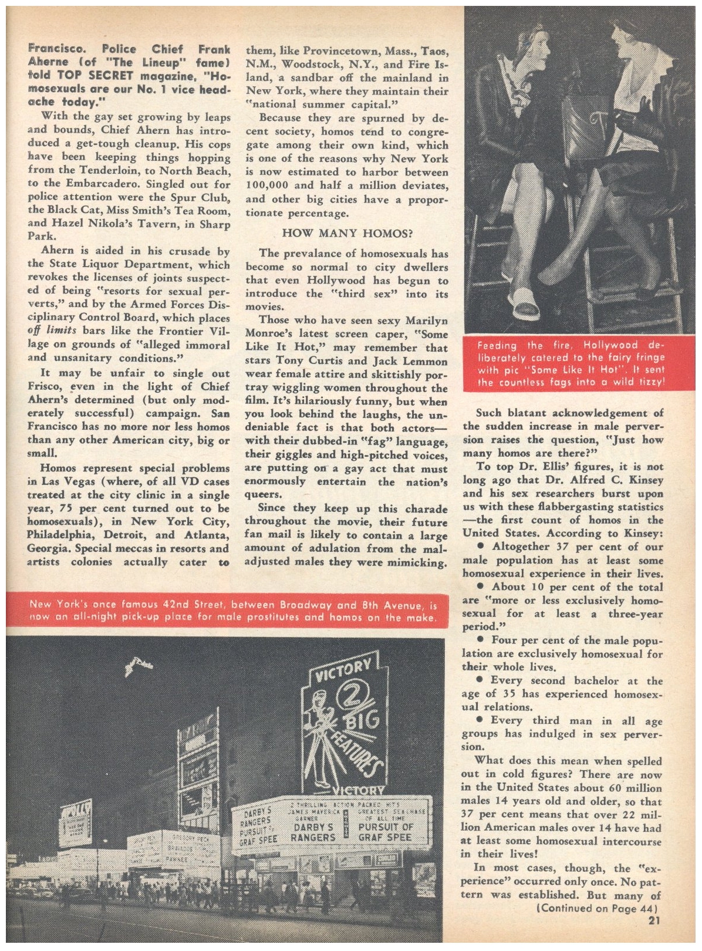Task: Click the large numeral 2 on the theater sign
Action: pyautogui.click(x=343, y=699)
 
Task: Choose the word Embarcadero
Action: pyautogui.click(x=92, y=184)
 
